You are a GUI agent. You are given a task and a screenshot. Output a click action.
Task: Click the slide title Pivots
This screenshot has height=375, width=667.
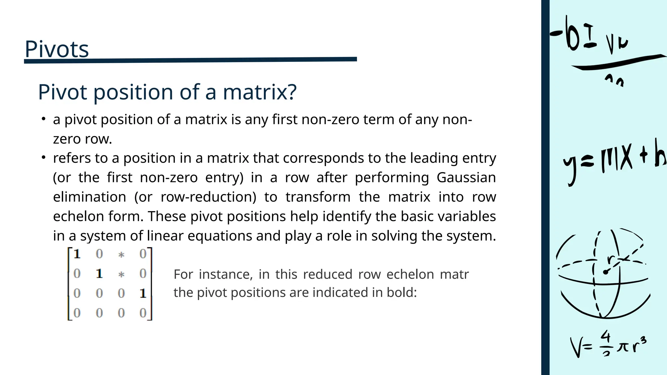click(x=57, y=49)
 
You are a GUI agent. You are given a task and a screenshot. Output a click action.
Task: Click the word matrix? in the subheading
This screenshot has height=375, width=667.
click(x=260, y=92)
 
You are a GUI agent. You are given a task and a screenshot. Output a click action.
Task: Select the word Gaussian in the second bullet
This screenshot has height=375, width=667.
click(x=466, y=178)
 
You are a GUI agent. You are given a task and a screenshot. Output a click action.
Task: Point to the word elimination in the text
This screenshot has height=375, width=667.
click(x=90, y=197)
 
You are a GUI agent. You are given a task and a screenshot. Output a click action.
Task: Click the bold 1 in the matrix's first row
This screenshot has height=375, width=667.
click(x=77, y=254)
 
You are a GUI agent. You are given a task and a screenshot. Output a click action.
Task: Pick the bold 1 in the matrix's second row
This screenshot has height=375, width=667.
click(x=99, y=274)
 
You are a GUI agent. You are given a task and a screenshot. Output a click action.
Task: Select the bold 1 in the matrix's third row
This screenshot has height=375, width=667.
click(x=143, y=294)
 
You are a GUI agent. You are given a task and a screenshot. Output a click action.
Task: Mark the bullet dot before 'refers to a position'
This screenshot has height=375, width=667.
click(x=43, y=158)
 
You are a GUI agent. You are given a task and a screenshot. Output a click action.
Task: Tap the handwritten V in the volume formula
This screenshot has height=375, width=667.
click(x=577, y=347)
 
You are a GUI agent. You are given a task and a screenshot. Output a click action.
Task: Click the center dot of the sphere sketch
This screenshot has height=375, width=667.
click(x=605, y=272)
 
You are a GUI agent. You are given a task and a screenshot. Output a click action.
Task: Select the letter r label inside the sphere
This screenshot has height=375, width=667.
click(x=611, y=259)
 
